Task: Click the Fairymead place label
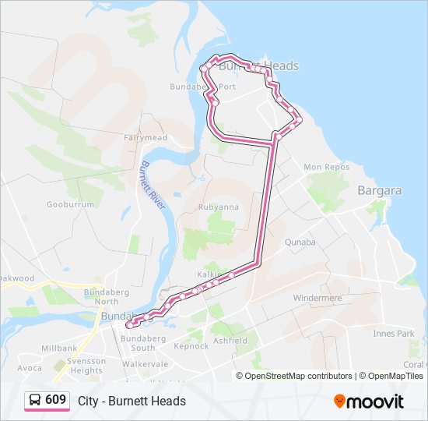coord(145,138)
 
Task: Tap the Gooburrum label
coord(70,205)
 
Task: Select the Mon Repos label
coord(323,168)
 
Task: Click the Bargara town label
coord(379,190)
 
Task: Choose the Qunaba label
coord(300,242)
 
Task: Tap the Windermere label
coord(317,298)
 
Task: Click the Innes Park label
coord(394,334)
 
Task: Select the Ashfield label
coord(230,341)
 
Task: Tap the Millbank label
coord(59,348)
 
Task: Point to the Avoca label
coord(30,368)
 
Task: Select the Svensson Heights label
coord(86,366)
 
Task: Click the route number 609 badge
coord(47,400)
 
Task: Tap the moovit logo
coord(369,401)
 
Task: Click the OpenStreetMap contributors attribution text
coord(299,376)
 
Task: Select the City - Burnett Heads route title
coord(132,401)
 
